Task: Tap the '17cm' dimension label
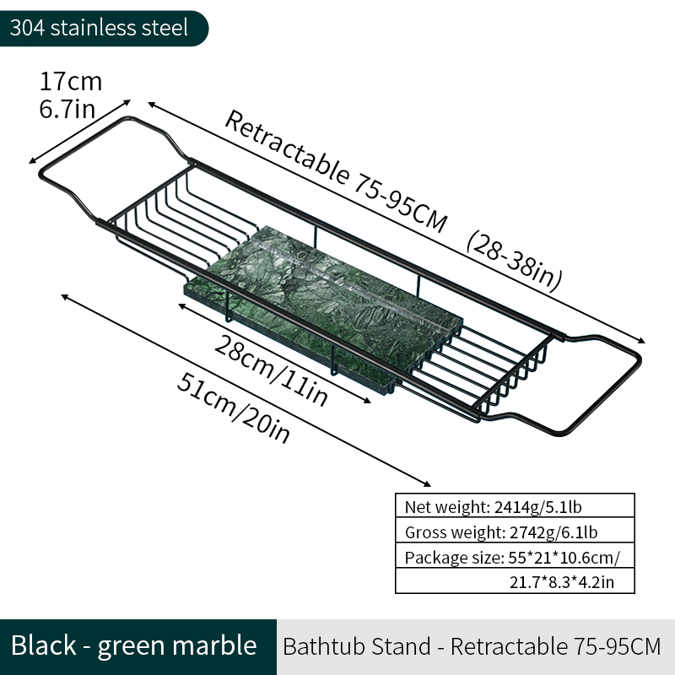coord(71,81)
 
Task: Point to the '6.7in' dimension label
coord(67,109)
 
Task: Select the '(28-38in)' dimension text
coord(515,261)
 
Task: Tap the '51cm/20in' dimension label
coord(234,408)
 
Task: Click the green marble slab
coord(324,309)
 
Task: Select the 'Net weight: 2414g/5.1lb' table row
coord(515,505)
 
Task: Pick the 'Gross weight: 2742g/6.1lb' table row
coord(515,531)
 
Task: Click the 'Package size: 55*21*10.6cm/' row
coord(515,556)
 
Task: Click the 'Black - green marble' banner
coord(134,646)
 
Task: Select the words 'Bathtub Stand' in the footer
coord(357,646)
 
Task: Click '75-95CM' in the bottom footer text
coord(618,646)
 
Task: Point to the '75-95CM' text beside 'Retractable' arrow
coord(400,203)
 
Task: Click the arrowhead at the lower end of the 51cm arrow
coord(426,483)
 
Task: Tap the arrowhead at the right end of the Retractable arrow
coord(641,341)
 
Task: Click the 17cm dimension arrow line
coord(79,132)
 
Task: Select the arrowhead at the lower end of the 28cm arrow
coord(366,401)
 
